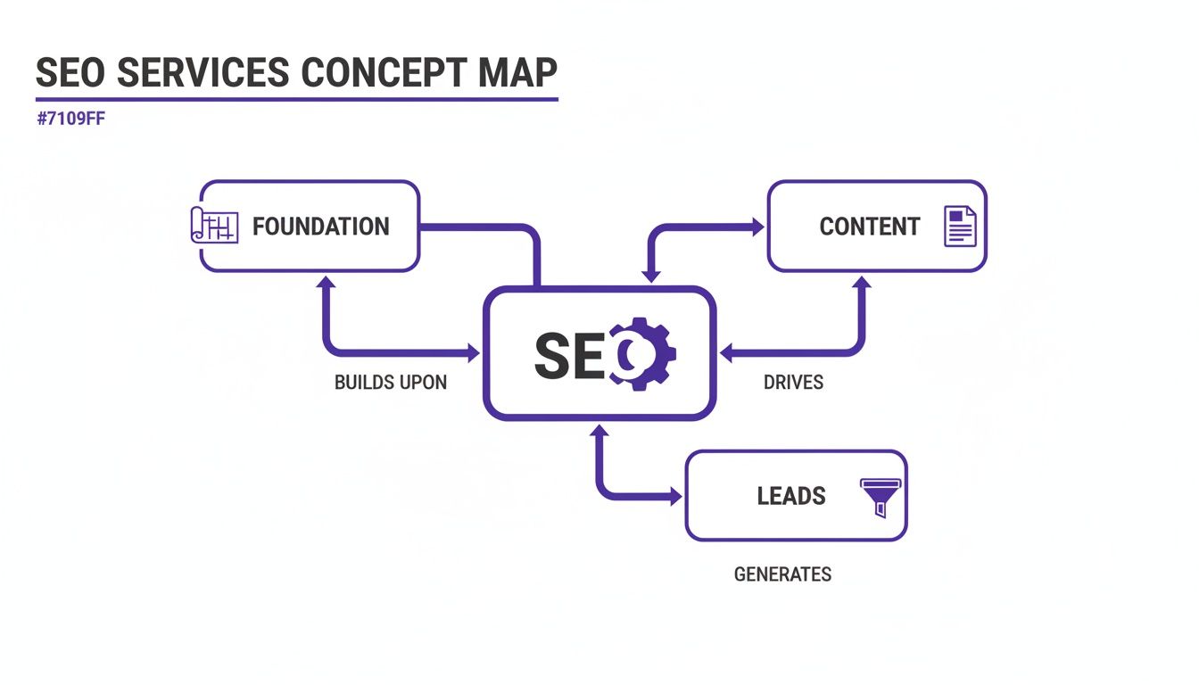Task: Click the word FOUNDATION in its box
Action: [320, 227]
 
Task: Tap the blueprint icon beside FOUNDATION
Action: [215, 226]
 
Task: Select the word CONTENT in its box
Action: [869, 227]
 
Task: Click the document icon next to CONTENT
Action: [960, 227]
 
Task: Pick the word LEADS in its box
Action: [791, 496]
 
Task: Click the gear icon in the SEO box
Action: [642, 353]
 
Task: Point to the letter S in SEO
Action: [551, 355]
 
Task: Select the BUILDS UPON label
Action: [390, 383]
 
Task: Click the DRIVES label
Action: [793, 383]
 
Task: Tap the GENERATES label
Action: [782, 574]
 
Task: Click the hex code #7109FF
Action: [71, 120]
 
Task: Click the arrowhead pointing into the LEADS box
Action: [676, 497]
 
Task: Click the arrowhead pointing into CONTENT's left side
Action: [758, 228]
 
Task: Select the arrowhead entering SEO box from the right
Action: [725, 354]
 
